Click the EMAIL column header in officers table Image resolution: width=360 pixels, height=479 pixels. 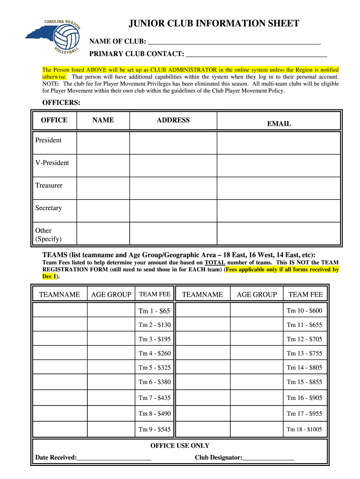tap(279, 124)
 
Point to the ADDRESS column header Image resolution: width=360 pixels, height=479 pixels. tap(173, 120)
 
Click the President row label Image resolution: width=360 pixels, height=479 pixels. tap(49, 140)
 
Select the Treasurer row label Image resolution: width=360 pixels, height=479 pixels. tap(49, 185)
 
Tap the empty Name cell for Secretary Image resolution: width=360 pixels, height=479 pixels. tap(102, 208)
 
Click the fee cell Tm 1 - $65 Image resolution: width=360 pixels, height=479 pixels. tap(154, 311)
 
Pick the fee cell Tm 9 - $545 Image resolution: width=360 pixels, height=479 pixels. tap(154, 429)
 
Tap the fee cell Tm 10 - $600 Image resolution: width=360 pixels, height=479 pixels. tap(304, 311)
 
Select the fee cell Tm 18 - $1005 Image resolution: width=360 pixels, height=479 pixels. tap(304, 429)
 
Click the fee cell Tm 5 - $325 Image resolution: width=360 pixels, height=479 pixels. tap(154, 368)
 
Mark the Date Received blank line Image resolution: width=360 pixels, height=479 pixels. tap(114, 457)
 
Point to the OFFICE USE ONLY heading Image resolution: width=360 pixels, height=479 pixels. tap(180, 446)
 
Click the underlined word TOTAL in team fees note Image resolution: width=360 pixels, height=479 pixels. tap(215, 263)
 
